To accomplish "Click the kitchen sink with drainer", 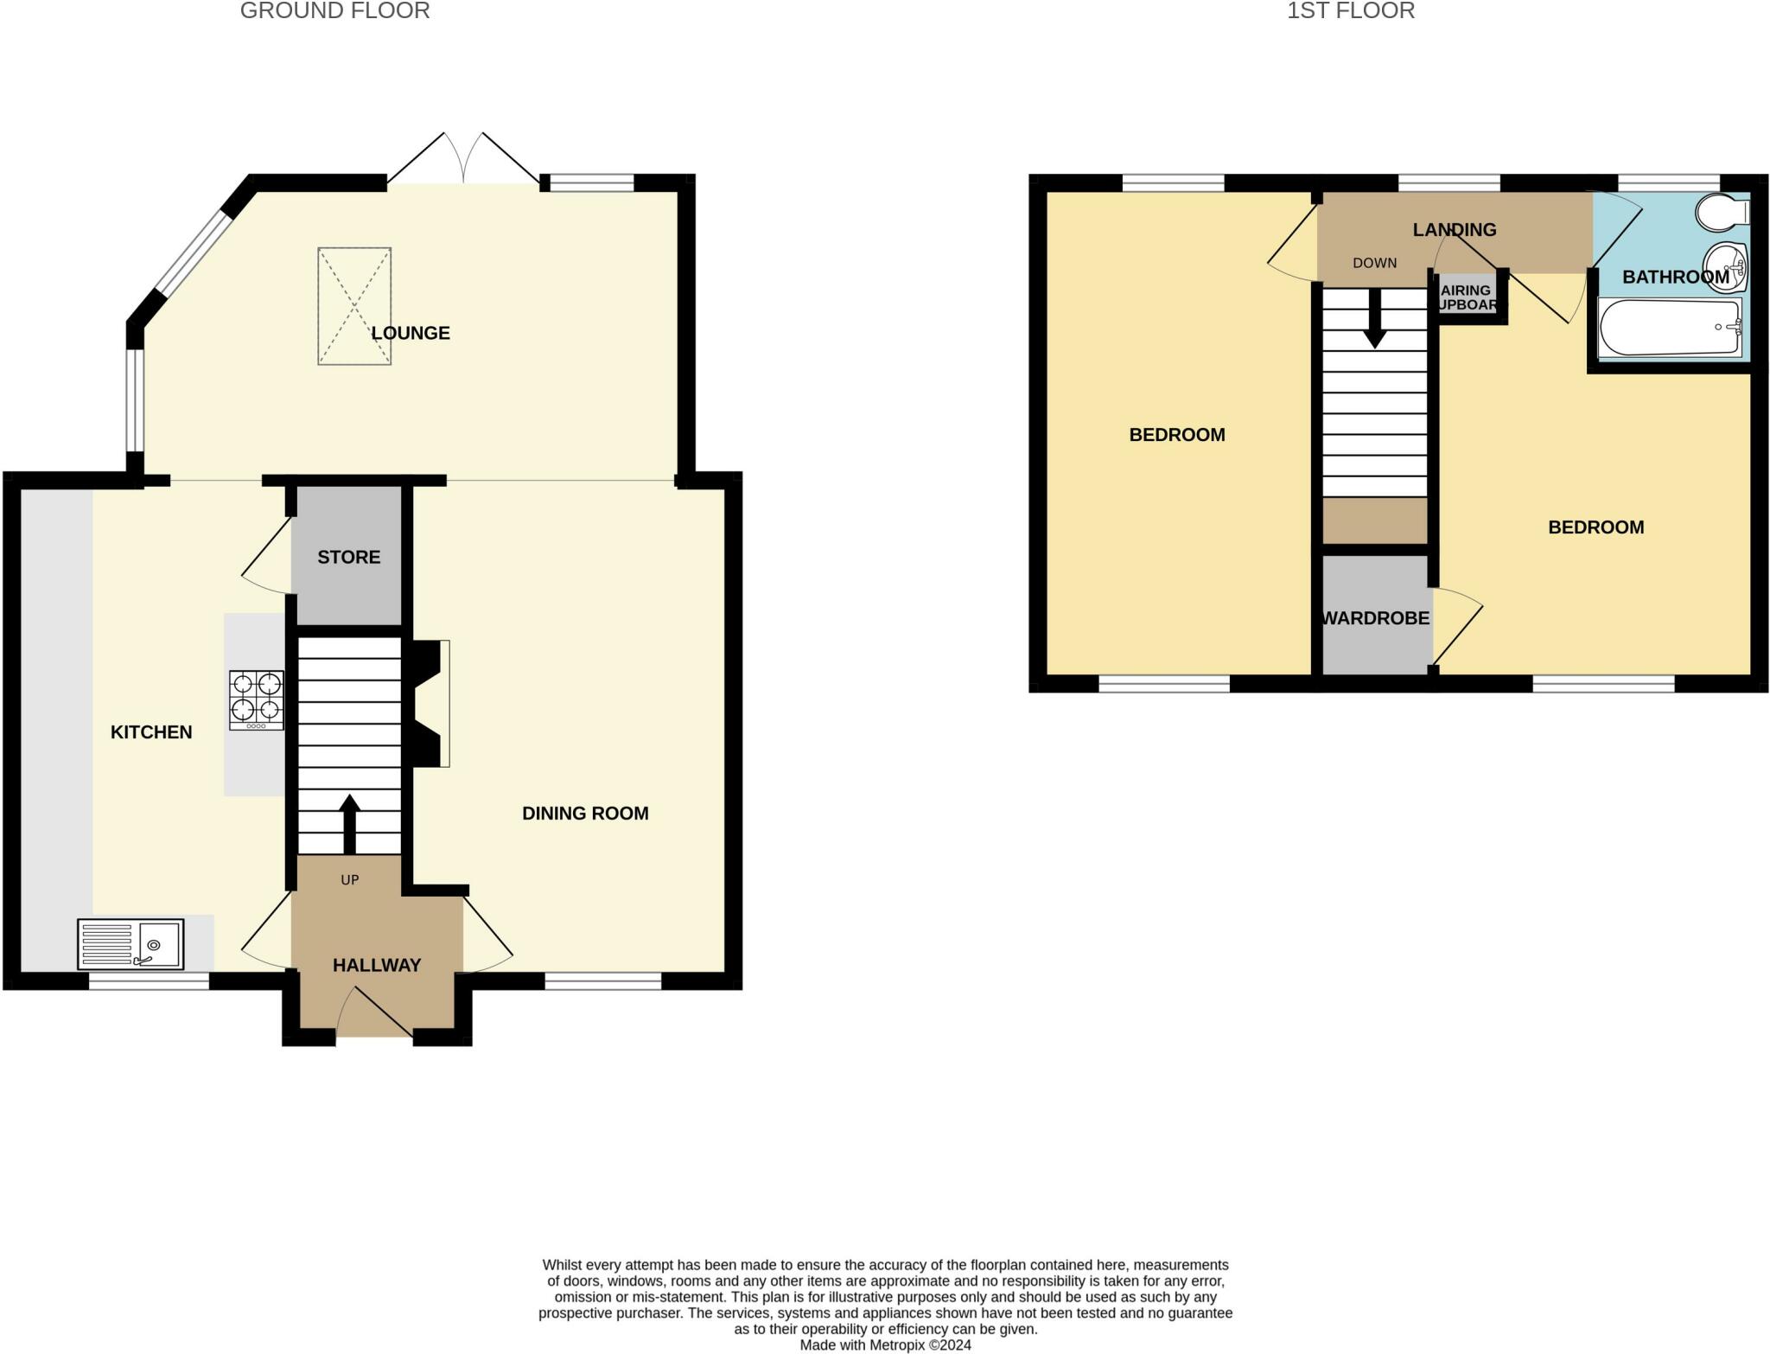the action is tap(131, 944).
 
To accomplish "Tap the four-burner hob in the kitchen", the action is tap(256, 700).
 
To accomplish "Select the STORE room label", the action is tap(349, 558).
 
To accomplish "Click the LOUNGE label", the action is tap(411, 333).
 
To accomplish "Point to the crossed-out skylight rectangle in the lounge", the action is tap(354, 306).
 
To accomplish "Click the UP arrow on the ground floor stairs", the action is tap(349, 824).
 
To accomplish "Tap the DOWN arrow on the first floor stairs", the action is tap(1374, 319).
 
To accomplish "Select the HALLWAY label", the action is tap(377, 965).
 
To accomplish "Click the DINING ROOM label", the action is tap(585, 814).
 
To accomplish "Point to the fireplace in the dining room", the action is tap(429, 703).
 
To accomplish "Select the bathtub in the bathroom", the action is tap(1670, 328).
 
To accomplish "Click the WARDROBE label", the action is tap(1376, 619).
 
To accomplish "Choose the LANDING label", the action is tap(1455, 230).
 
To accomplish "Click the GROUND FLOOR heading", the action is tap(334, 11).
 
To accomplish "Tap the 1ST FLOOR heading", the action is tap(1351, 11).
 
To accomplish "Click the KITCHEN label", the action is tap(151, 732).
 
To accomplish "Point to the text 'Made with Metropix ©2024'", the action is tap(885, 1345).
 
